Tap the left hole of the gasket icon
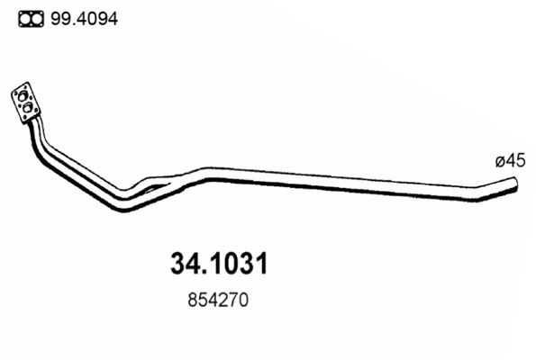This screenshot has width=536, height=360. (25, 18)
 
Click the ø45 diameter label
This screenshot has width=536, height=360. (509, 161)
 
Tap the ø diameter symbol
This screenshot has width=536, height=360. (499, 162)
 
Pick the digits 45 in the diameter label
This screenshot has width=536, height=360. (514, 161)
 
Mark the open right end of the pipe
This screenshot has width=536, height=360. (517, 185)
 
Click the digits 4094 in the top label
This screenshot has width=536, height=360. (99, 18)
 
